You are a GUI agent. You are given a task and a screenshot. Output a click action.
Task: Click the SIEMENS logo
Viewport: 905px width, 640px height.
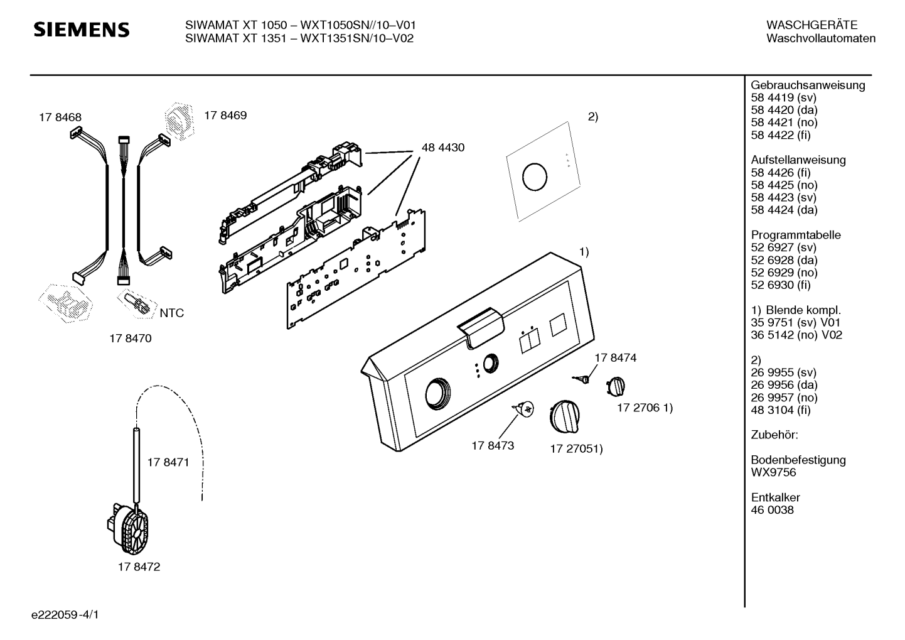pyautogui.click(x=82, y=30)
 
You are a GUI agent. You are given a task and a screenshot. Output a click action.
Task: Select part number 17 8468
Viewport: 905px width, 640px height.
pyautogui.click(x=60, y=117)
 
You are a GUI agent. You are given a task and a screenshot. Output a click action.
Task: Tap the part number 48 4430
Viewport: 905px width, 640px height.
pyautogui.click(x=443, y=148)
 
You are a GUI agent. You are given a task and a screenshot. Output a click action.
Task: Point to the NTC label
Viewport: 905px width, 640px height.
pyautogui.click(x=172, y=313)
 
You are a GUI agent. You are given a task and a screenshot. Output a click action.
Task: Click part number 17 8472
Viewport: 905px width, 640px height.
pyautogui.click(x=139, y=567)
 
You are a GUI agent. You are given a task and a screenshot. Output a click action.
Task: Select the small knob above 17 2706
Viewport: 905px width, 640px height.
pyautogui.click(x=616, y=386)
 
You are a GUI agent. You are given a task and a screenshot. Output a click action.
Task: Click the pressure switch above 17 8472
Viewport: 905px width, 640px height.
pyautogui.click(x=127, y=528)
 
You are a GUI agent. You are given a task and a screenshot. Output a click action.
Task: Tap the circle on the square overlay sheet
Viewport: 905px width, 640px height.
pyautogui.click(x=535, y=177)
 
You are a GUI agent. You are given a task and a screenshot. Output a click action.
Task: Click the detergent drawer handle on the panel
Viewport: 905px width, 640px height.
pyautogui.click(x=481, y=327)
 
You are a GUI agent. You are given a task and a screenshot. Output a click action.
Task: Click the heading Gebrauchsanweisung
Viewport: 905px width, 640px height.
pyautogui.click(x=808, y=85)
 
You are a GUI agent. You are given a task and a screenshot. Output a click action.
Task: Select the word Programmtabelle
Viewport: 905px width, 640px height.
pyautogui.click(x=796, y=235)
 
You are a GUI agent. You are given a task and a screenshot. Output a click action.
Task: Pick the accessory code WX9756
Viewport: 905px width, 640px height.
pyautogui.click(x=773, y=472)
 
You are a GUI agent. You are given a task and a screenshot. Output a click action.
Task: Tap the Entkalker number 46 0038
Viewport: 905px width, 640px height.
pyautogui.click(x=773, y=510)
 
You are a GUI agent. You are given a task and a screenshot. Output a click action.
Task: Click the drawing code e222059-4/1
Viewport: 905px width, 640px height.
pyautogui.click(x=65, y=615)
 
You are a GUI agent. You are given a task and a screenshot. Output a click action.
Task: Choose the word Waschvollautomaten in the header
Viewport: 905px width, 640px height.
pyautogui.click(x=821, y=38)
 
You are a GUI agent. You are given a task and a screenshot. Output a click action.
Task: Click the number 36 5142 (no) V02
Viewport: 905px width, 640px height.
pyautogui.click(x=796, y=335)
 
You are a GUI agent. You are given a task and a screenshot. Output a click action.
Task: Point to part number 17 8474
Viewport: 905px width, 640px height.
pyautogui.click(x=615, y=358)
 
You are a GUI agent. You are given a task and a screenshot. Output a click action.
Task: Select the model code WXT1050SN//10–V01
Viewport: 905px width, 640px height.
pyautogui.click(x=358, y=26)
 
